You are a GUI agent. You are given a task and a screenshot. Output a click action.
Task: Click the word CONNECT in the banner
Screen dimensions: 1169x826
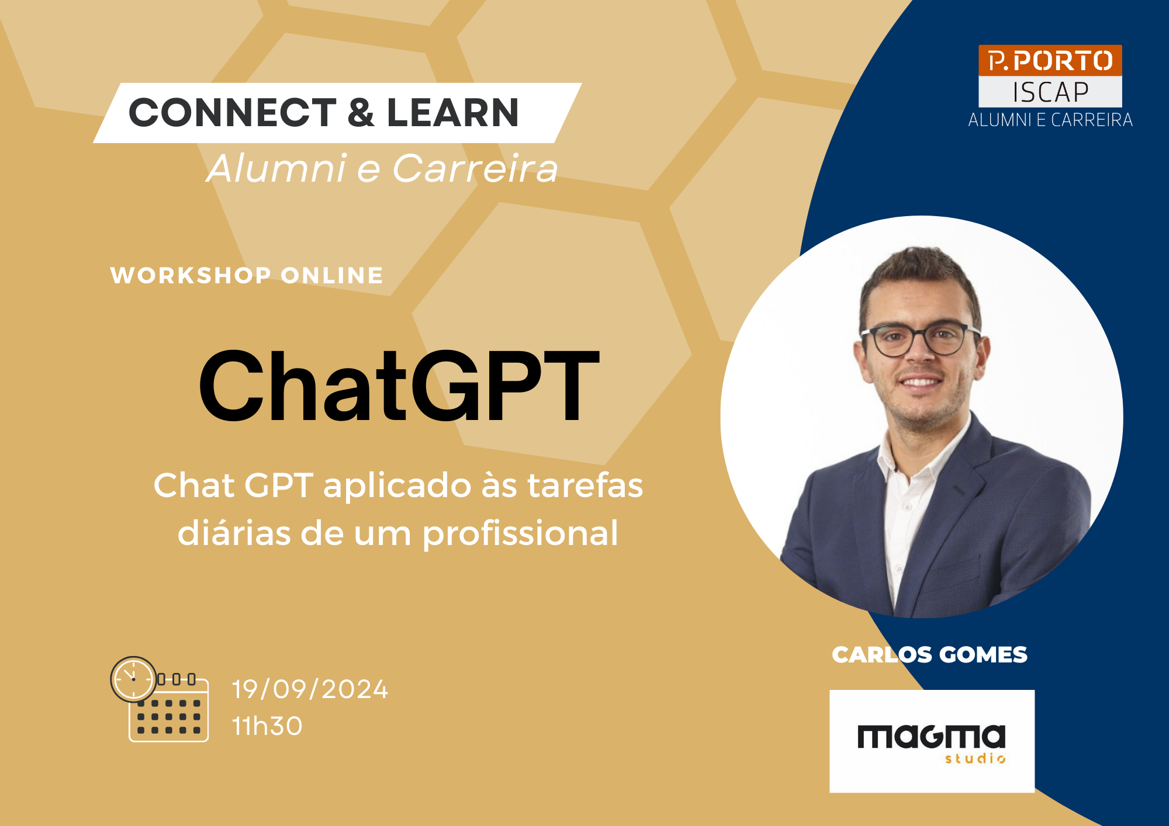(x=232, y=112)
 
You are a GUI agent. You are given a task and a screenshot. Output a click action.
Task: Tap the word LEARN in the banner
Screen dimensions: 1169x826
(x=453, y=112)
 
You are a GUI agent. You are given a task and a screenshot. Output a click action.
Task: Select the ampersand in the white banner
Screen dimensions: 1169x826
(x=361, y=112)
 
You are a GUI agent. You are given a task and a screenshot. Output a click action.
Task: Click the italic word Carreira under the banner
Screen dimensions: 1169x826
(x=475, y=169)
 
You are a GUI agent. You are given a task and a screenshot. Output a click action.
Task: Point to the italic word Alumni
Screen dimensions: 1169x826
(x=277, y=168)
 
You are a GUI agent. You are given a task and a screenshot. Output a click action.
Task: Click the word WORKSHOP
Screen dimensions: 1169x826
(x=191, y=275)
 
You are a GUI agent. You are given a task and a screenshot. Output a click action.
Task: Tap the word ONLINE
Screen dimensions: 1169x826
(x=332, y=275)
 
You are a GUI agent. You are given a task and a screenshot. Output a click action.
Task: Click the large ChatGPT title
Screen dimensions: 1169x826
(x=399, y=386)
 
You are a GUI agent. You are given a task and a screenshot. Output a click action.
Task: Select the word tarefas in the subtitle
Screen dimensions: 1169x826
(x=585, y=485)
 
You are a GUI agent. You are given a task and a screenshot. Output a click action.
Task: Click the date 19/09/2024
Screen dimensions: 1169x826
(x=310, y=689)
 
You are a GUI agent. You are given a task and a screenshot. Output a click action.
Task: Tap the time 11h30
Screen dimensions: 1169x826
(x=267, y=726)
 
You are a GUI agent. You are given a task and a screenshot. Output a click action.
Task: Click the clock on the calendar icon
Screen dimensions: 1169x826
(x=133, y=679)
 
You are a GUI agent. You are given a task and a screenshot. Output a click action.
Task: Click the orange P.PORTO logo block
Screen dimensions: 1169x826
(x=1050, y=60)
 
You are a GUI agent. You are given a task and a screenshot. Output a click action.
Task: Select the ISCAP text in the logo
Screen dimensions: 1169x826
(x=1050, y=92)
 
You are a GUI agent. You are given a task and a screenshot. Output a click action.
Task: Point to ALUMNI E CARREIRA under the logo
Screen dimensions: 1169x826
(x=1050, y=120)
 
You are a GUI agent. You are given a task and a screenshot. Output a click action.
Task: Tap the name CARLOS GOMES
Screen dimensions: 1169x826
(x=929, y=655)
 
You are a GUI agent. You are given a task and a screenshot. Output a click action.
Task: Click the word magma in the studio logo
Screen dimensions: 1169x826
(x=931, y=737)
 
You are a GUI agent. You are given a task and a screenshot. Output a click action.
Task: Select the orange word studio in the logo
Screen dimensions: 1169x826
(x=975, y=758)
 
